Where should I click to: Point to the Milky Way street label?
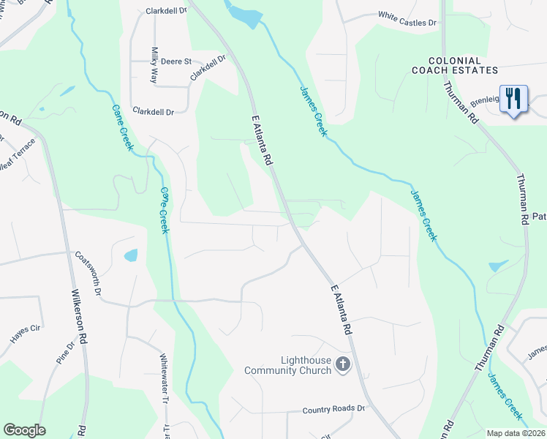(x=154, y=64)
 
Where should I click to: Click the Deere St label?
(x=176, y=61)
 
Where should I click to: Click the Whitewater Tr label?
(x=164, y=378)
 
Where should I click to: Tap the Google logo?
(x=24, y=430)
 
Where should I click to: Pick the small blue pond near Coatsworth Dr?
(x=131, y=255)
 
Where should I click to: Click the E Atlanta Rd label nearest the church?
(x=341, y=310)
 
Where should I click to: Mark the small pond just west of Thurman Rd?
(x=498, y=266)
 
